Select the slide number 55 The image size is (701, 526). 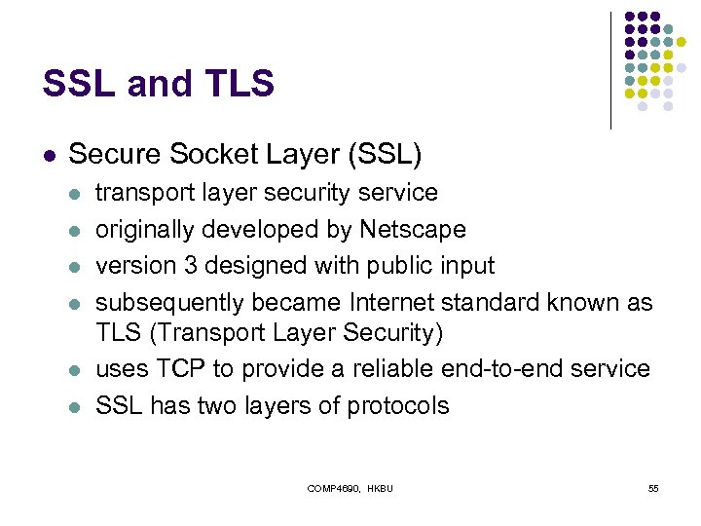coord(653,487)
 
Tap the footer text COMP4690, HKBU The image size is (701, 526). coord(350,487)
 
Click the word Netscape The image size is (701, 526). coord(413,230)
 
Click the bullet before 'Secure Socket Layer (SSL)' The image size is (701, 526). coord(49,155)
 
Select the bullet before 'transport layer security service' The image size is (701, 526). coord(76,194)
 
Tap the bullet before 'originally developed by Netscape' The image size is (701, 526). coord(76,231)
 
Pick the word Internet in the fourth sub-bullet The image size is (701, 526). coord(411,303)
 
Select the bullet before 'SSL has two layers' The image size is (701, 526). coord(76,406)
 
